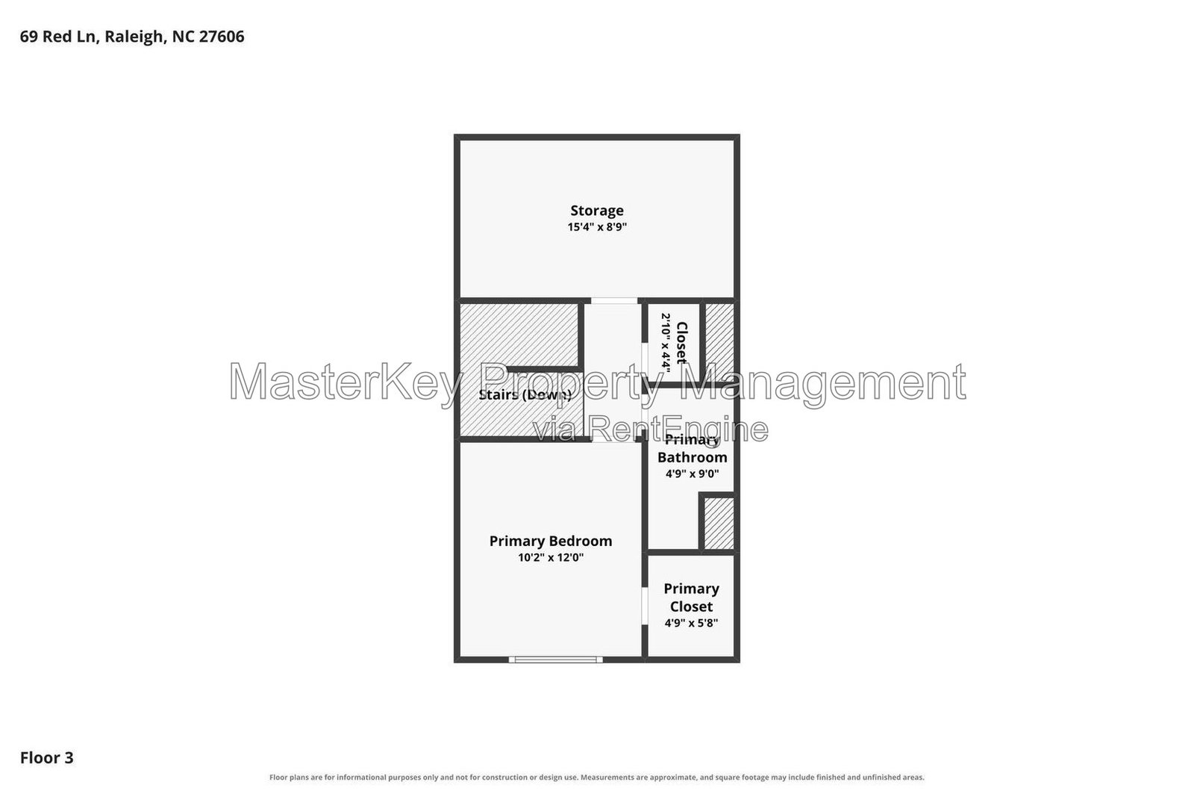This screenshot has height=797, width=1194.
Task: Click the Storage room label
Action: pos(596,211)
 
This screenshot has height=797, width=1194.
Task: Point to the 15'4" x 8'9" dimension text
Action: pos(596,227)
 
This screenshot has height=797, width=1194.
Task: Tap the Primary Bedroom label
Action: pos(551,541)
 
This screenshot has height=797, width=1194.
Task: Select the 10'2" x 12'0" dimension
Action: pos(551,557)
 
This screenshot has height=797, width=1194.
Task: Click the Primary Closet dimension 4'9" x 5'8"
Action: pos(691,622)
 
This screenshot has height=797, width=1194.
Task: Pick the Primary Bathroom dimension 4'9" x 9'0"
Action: pos(692,473)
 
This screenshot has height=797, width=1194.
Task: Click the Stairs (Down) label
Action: pos(525,395)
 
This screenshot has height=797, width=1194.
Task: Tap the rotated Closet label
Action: pos(682,343)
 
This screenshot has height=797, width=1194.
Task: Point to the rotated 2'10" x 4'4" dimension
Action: pos(666,342)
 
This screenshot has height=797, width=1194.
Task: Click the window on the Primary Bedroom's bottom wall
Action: pos(555,660)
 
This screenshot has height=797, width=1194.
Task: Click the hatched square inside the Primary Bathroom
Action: pos(719,524)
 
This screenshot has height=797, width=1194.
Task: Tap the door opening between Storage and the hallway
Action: pos(614,301)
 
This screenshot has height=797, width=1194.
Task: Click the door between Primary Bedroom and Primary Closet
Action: pos(645,606)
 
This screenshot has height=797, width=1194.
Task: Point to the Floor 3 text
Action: pos(46,757)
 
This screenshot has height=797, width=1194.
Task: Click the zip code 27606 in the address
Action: pos(221,37)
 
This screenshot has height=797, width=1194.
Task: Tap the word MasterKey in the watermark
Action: pos(346,383)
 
